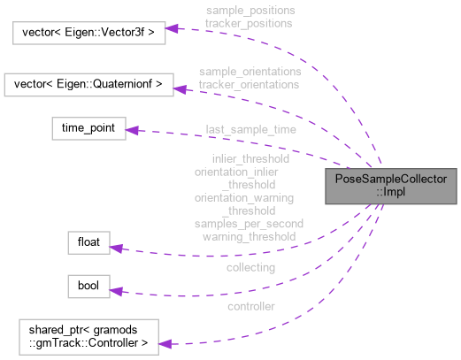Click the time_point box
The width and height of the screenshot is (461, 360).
tap(88, 128)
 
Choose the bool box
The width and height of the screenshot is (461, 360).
tap(88, 287)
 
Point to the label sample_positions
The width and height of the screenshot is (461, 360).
tap(250, 10)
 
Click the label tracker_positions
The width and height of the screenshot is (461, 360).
tap(250, 22)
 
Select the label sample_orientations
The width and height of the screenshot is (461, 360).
tap(250, 71)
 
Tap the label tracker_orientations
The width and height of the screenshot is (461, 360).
tap(250, 84)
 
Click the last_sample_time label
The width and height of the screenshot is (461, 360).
tap(250, 128)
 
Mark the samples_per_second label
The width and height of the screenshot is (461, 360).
tap(249, 224)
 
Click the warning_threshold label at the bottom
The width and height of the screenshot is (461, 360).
tap(249, 236)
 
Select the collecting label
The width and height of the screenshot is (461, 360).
tap(250, 266)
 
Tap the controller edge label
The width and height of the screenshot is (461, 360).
tap(250, 306)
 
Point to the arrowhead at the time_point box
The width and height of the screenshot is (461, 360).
tap(132, 131)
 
